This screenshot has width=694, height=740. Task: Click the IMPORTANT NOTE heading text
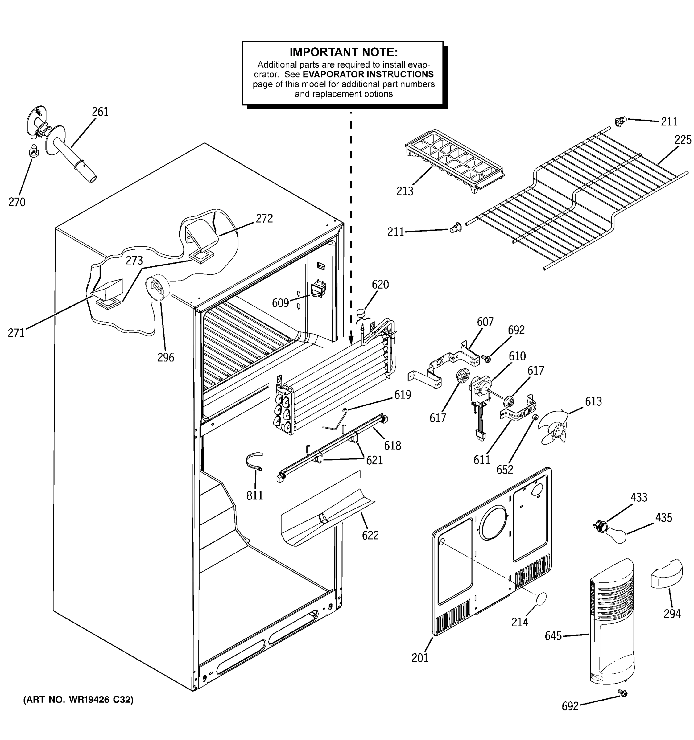click(343, 52)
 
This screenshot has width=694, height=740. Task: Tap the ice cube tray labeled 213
click(454, 160)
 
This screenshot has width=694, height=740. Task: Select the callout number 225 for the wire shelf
click(683, 140)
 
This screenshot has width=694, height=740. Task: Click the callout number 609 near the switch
click(280, 303)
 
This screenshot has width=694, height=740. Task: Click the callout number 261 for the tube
click(100, 112)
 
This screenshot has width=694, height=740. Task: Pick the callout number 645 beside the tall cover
click(553, 636)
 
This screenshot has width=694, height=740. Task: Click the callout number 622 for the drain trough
click(370, 535)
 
